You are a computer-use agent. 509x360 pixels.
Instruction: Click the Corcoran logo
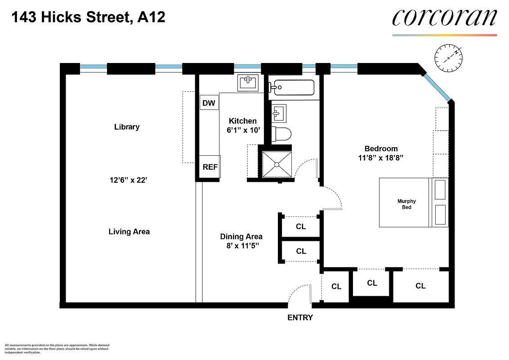tap(444, 18)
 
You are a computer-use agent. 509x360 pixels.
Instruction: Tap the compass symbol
tap(449, 58)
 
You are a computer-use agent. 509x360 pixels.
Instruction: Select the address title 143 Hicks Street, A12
tap(88, 18)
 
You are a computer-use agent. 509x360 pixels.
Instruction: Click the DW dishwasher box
tap(209, 103)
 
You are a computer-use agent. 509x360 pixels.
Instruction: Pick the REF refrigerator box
tap(210, 167)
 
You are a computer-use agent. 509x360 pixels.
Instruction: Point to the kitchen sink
tap(248, 83)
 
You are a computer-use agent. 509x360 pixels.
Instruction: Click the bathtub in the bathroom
tap(294, 87)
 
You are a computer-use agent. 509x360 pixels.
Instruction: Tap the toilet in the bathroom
tap(282, 134)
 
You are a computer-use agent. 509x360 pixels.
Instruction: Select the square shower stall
tap(277, 165)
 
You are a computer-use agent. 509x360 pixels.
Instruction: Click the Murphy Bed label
tap(406, 204)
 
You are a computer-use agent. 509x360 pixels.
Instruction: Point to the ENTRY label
tap(300, 318)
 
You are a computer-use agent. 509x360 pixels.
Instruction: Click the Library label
tap(127, 127)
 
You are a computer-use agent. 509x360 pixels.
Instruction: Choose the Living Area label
tap(129, 232)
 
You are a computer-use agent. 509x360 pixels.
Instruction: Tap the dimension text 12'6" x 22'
tap(129, 180)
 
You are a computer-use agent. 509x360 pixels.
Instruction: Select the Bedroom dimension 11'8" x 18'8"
tap(381, 158)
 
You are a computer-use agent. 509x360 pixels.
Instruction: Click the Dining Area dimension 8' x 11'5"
tap(241, 246)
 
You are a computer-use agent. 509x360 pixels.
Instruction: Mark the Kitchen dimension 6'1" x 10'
tap(243, 130)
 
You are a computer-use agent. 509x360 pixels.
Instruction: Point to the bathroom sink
tap(278, 113)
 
